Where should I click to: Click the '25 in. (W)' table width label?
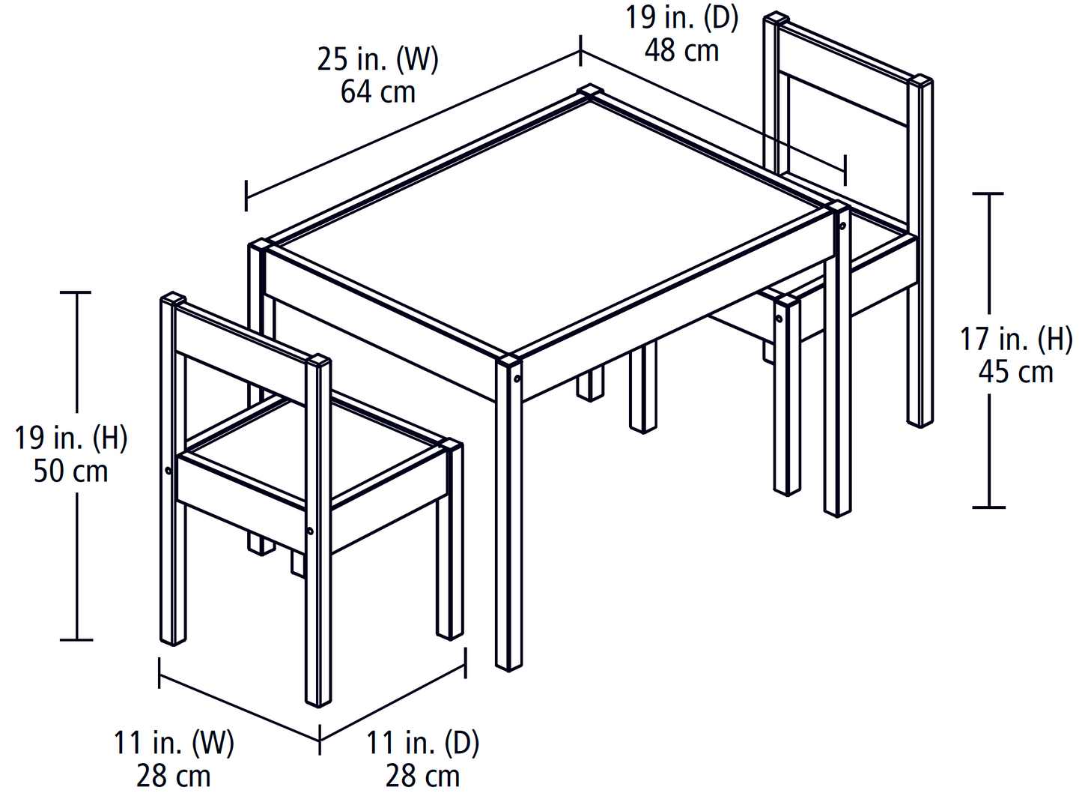(x=377, y=59)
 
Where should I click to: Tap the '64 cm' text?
(x=377, y=92)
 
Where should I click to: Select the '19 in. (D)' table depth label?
(x=681, y=17)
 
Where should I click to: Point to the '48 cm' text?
(x=681, y=50)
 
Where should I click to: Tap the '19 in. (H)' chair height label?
(x=71, y=438)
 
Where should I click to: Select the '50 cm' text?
(x=71, y=471)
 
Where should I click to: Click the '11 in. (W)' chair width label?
(x=174, y=743)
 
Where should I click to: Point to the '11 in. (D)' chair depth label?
(x=422, y=743)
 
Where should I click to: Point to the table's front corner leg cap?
(x=509, y=361)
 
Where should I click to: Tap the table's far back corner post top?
(x=590, y=91)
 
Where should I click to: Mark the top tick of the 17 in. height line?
(x=988, y=193)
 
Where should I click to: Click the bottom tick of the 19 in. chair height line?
(x=76, y=639)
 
